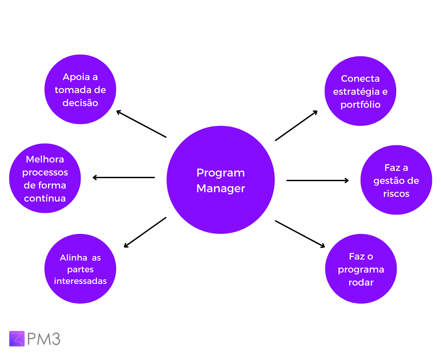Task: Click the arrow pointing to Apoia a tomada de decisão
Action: tap(141, 124)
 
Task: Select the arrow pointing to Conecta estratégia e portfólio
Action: tap(296, 126)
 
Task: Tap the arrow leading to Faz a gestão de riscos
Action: tap(317, 181)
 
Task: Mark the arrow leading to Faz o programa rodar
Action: tap(300, 234)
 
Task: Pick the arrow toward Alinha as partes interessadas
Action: tap(145, 232)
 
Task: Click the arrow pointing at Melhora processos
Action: tap(124, 177)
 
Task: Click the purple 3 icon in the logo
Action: tap(17, 339)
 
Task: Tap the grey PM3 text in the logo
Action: tap(44, 339)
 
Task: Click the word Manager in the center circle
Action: tap(221, 189)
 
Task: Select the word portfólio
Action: tap(360, 105)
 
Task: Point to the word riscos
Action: tap(396, 194)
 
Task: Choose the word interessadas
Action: tap(80, 281)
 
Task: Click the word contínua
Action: tap(45, 199)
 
